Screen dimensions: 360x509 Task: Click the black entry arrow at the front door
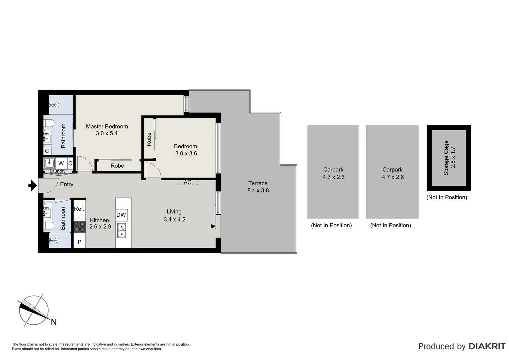pos(32,185)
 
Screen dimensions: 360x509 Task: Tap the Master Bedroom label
pos(107,126)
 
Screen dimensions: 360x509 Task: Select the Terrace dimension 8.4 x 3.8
pos(258,191)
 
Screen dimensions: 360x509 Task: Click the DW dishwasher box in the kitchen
pos(121,215)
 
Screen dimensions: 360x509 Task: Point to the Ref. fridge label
pos(79,209)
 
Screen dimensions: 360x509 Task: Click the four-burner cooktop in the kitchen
pos(79,227)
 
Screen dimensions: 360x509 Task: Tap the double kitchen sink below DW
pos(122,231)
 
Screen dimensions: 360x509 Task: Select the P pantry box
pos(79,242)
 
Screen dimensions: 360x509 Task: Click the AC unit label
pos(188,182)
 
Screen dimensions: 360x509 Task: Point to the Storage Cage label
pos(446,158)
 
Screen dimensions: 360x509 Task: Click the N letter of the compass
pos(54,322)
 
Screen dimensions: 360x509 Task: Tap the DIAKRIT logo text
pos(487,346)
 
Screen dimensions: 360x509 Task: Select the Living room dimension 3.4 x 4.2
pos(174,219)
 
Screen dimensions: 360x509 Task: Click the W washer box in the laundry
pos(61,163)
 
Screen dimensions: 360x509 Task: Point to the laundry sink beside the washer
pos(49,163)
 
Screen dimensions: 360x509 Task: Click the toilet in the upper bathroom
pos(49,123)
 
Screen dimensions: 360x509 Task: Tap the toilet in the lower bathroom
pos(49,226)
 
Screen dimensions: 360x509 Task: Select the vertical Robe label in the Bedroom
pos(149,139)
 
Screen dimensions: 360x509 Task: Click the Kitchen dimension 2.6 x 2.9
pos(100,227)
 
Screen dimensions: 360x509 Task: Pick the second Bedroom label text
pos(185,146)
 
